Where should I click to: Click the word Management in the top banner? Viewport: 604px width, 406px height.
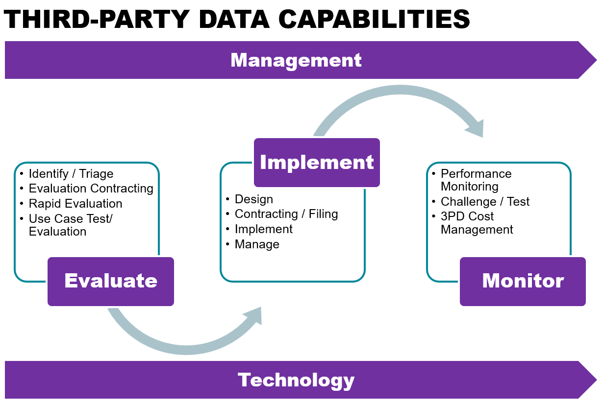296,60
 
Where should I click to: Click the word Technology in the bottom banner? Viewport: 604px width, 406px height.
296,380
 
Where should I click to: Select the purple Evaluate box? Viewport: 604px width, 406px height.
111,281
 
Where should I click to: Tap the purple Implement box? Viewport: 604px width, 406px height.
317,163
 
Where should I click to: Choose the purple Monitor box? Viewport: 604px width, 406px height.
523,281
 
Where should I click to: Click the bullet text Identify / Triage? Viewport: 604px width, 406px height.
71,174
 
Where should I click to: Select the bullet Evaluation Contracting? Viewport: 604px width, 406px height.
91,189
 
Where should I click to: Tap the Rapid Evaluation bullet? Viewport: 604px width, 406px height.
75,204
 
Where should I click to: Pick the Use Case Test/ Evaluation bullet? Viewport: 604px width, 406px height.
70,225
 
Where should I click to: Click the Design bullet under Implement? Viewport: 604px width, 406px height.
254,199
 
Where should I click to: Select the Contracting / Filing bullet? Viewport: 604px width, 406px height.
286,214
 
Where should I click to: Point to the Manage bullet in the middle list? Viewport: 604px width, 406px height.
257,244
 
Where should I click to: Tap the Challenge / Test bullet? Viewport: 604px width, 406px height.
485,202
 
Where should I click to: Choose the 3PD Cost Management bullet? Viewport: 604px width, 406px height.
477,223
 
